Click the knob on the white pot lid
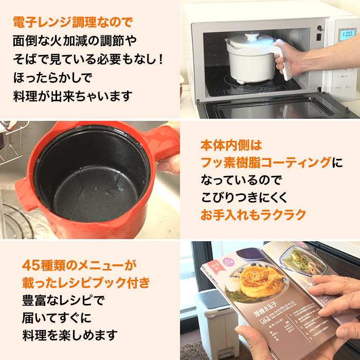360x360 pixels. point(253,35)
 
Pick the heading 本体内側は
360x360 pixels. point(231,146)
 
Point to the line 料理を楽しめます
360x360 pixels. point(70,336)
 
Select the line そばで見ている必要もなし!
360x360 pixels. point(87,59)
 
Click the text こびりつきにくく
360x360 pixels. point(244,197)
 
